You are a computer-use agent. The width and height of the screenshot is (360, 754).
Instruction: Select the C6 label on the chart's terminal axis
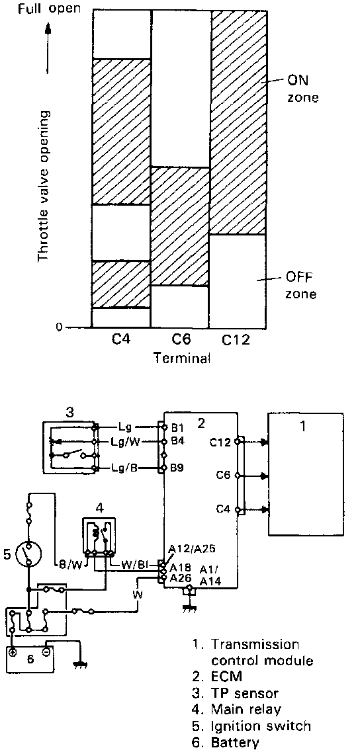[x=181, y=339]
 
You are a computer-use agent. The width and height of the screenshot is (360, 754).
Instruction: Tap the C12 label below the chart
[x=236, y=340]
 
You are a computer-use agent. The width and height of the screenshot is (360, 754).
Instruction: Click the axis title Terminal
[x=183, y=358]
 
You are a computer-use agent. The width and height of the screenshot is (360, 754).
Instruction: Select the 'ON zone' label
[x=302, y=89]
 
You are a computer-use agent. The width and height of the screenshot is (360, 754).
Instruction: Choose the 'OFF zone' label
[x=302, y=286]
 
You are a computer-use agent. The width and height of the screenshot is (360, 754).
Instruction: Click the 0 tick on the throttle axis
[x=59, y=327]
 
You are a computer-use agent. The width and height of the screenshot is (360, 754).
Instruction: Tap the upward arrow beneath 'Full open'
[x=48, y=46]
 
